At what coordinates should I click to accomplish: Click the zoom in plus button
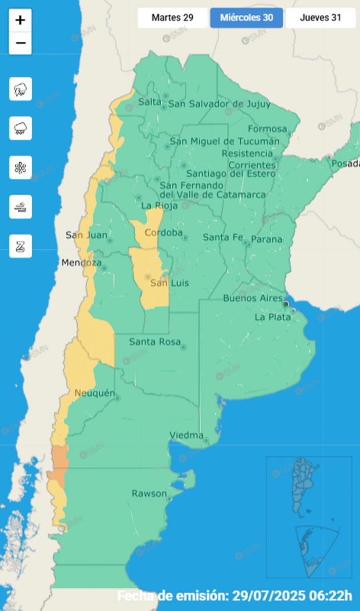click(x=20, y=20)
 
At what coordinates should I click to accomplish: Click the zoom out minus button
click(x=20, y=43)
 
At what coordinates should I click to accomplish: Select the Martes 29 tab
click(x=172, y=18)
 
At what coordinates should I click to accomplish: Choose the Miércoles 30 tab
click(x=246, y=18)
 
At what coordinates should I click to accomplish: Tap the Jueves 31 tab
click(x=320, y=18)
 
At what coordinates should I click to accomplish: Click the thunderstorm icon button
click(x=20, y=89)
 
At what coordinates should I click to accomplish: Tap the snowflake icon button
click(x=20, y=168)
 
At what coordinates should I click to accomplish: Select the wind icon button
click(x=20, y=207)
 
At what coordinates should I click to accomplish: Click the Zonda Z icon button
click(x=20, y=246)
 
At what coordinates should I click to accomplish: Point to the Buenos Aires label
click(x=253, y=298)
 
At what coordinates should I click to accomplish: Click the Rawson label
click(x=149, y=493)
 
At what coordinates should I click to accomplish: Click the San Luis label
click(x=162, y=283)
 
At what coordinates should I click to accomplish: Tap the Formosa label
click(x=267, y=129)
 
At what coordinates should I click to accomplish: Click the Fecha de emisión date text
click(x=234, y=595)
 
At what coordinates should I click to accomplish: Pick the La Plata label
click(x=272, y=317)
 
